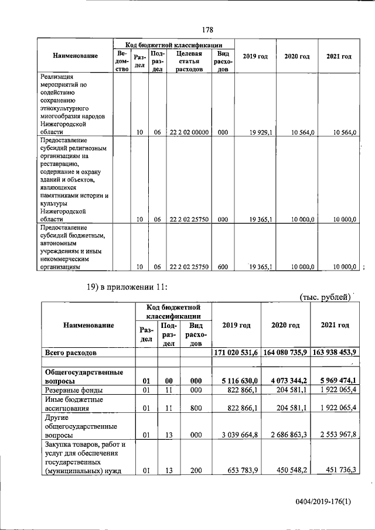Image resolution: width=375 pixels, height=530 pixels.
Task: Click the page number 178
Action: point(206,29)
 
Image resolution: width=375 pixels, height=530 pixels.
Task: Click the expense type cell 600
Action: point(223,267)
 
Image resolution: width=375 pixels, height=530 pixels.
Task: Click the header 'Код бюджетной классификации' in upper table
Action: point(174,44)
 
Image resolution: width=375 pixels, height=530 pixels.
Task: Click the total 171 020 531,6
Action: point(234,353)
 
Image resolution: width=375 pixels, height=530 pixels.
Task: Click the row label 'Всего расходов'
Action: point(71,353)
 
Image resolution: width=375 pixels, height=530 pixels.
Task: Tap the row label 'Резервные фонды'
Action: point(74,389)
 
